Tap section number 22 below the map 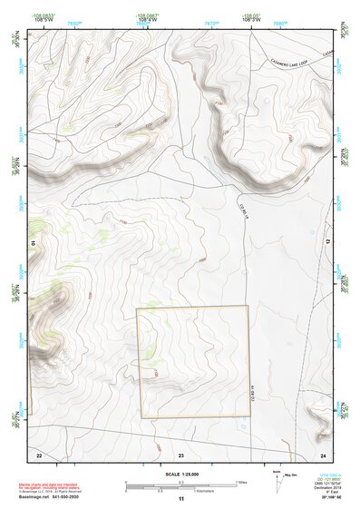tap(38, 453)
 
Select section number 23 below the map tap(181, 453)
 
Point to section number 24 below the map tap(323, 453)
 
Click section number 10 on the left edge tap(32, 243)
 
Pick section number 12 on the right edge tap(329, 243)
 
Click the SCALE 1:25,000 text tap(180, 474)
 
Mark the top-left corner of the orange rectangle tap(137, 307)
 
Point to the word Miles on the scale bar tap(241, 482)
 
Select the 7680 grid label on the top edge tap(279, 24)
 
